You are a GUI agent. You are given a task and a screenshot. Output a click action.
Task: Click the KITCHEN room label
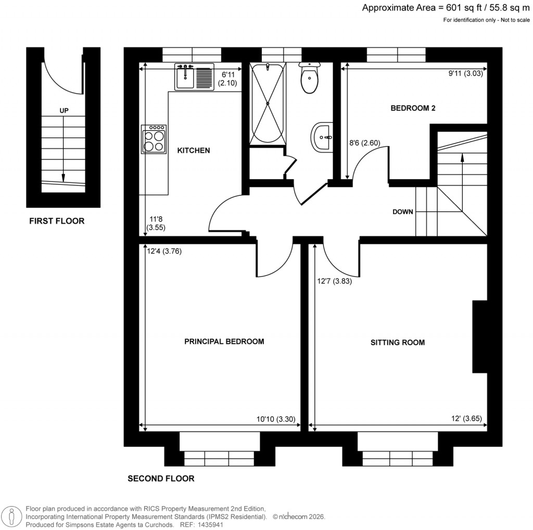point(194,150)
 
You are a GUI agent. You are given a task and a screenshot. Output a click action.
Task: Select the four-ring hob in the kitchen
point(154,140)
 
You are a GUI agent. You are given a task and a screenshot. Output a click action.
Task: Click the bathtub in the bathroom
point(268,104)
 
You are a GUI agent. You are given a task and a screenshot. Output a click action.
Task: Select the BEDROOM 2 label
point(413,108)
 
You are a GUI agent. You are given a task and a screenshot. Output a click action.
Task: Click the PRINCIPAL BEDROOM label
point(224,342)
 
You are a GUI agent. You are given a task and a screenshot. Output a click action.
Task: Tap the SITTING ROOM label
point(397,342)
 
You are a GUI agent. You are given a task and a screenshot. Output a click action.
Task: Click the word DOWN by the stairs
point(403,212)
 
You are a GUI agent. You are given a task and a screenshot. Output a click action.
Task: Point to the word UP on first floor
point(64,110)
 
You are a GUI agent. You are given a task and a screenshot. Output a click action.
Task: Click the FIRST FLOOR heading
point(56,221)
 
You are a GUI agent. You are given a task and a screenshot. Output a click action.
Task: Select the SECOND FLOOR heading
point(161,478)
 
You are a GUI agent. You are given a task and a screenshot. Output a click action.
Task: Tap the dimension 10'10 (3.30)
point(276,419)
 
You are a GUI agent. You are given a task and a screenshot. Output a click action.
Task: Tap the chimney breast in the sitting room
point(479,336)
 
